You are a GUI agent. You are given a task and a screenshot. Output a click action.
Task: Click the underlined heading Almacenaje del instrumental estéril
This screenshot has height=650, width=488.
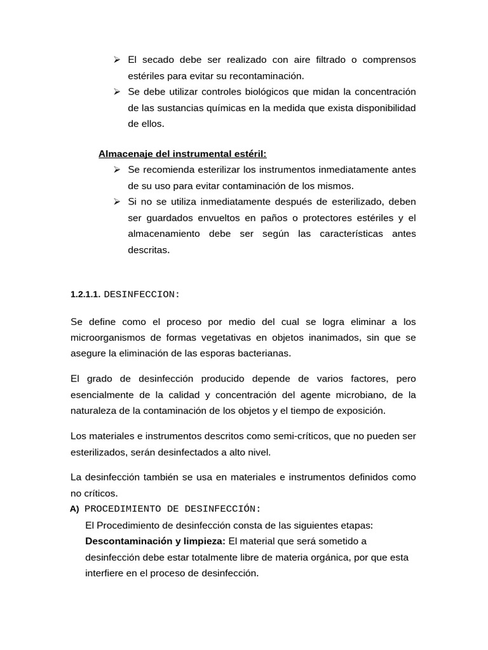click(x=182, y=154)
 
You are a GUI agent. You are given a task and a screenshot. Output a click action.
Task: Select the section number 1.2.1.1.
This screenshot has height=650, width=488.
click(x=85, y=295)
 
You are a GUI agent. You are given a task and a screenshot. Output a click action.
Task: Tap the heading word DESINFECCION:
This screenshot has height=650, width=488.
click(x=142, y=295)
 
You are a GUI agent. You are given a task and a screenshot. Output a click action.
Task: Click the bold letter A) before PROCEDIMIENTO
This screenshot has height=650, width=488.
click(x=75, y=509)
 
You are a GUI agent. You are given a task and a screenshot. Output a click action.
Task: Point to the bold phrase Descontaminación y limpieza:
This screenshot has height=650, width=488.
click(x=155, y=541)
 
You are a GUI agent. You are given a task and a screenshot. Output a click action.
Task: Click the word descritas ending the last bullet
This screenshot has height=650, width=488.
click(x=149, y=249)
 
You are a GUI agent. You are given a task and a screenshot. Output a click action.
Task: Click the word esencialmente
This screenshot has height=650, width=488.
click(x=101, y=395)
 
